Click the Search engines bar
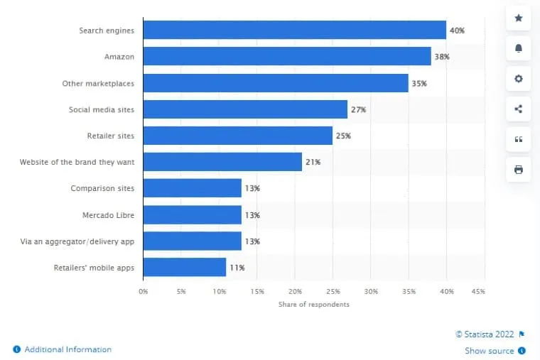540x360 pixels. tap(294, 30)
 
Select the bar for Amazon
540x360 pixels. tap(287, 56)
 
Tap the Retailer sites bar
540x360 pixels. tap(237, 136)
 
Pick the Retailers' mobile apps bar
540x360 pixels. tap(184, 268)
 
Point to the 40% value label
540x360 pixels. tap(458, 31)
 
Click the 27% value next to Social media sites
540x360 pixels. tap(359, 110)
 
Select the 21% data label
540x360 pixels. tap(313, 163)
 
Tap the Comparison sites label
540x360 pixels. tap(102, 189)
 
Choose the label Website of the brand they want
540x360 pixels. tap(77, 163)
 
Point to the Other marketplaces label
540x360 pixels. tap(98, 84)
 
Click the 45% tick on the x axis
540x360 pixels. tap(478, 291)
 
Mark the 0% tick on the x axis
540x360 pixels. tap(143, 291)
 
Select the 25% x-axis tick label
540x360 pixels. tap(333, 291)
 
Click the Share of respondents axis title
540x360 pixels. tap(313, 305)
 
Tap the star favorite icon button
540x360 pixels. tap(518, 18)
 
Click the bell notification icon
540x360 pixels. tap(518, 48)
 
